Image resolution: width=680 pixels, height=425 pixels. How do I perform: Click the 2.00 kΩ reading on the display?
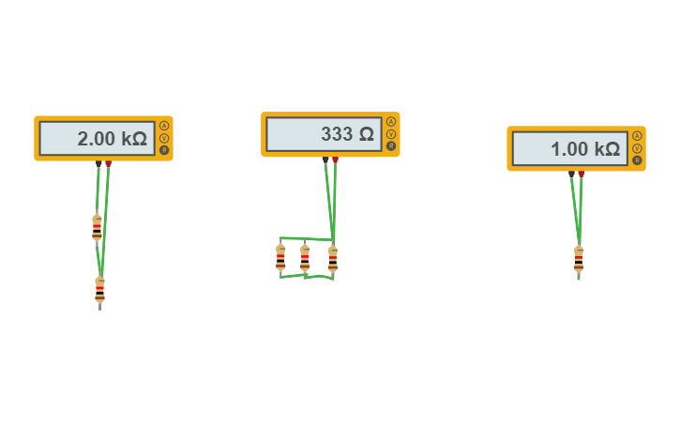[x=112, y=139]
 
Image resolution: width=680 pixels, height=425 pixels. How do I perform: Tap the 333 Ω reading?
[x=347, y=134]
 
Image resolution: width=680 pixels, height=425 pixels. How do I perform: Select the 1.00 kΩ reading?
[x=584, y=148]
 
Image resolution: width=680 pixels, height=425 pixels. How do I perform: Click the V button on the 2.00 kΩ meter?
[x=164, y=138]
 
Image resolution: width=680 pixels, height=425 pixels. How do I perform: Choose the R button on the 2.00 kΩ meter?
[x=164, y=150]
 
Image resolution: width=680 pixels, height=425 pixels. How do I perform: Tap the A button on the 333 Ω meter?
[x=391, y=122]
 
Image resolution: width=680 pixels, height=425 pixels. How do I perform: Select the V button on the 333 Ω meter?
[x=391, y=134]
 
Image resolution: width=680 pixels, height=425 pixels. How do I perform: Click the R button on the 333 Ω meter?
[x=391, y=146]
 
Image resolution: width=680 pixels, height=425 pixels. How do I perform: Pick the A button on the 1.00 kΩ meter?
[x=637, y=136]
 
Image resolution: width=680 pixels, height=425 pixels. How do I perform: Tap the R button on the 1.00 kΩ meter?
[x=637, y=160]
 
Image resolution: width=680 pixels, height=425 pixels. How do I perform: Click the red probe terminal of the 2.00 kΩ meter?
[x=109, y=164]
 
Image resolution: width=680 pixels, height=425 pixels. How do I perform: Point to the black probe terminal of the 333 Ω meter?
[x=325, y=160]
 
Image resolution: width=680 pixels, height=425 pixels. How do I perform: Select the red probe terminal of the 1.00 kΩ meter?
[x=582, y=175]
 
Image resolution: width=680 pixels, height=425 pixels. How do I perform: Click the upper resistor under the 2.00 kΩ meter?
[x=97, y=228]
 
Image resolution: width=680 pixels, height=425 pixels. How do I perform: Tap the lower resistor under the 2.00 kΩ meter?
[x=99, y=290]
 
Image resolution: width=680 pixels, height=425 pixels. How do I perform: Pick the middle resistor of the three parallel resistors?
[x=305, y=257]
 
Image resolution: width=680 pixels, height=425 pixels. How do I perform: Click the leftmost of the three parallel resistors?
[x=280, y=257]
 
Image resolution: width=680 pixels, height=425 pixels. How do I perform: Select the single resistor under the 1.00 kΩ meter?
[x=579, y=259]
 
